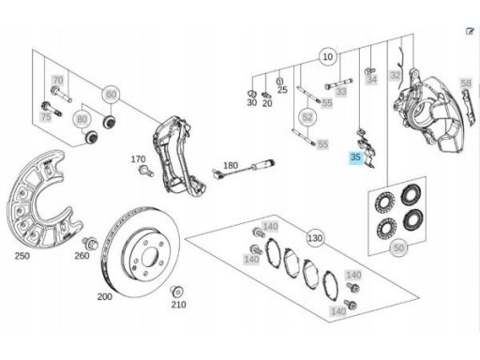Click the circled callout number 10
328,57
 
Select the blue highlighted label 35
355,157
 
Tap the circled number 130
315,238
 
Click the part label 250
22,256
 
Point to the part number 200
105,296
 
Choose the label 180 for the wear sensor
231,165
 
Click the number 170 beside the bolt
138,159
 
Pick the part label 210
178,305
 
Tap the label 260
82,256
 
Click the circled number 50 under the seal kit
398,248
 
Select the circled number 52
307,117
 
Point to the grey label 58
466,83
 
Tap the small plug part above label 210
177,292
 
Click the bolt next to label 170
146,171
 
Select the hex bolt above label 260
90,243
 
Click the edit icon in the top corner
470,31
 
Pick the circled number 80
82,119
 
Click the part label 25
282,90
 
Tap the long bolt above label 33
338,83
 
